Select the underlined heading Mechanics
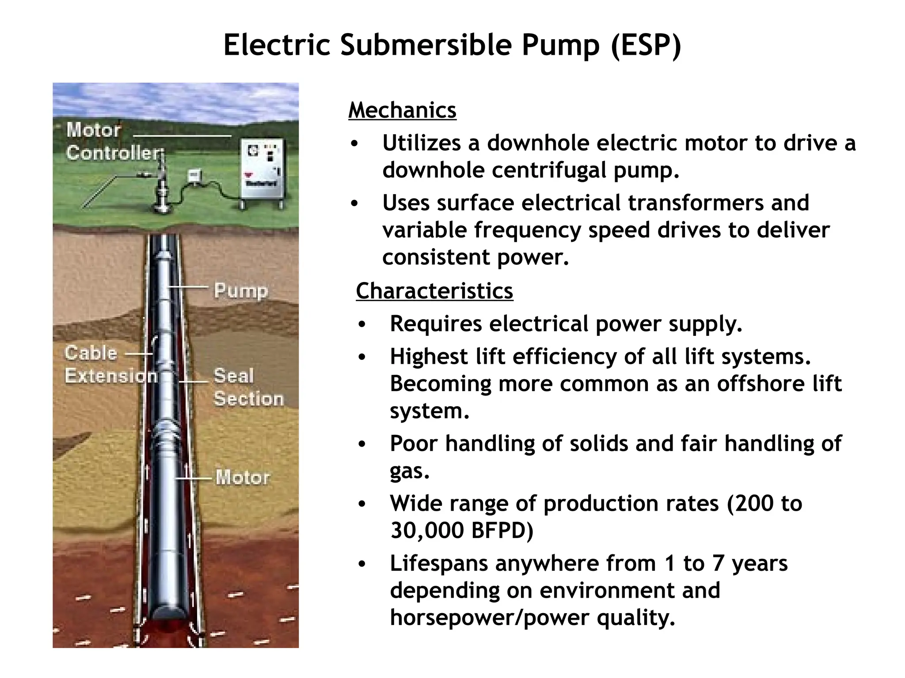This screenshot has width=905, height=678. click(402, 110)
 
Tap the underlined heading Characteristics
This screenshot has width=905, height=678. click(434, 291)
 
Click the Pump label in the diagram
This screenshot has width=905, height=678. click(241, 290)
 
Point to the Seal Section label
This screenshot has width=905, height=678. click(248, 387)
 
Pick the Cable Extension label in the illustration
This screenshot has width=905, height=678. click(110, 365)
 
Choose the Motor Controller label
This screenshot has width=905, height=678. click(113, 141)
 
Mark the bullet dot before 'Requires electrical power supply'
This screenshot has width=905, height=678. click(362, 324)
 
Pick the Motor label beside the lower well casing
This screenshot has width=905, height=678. click(243, 478)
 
